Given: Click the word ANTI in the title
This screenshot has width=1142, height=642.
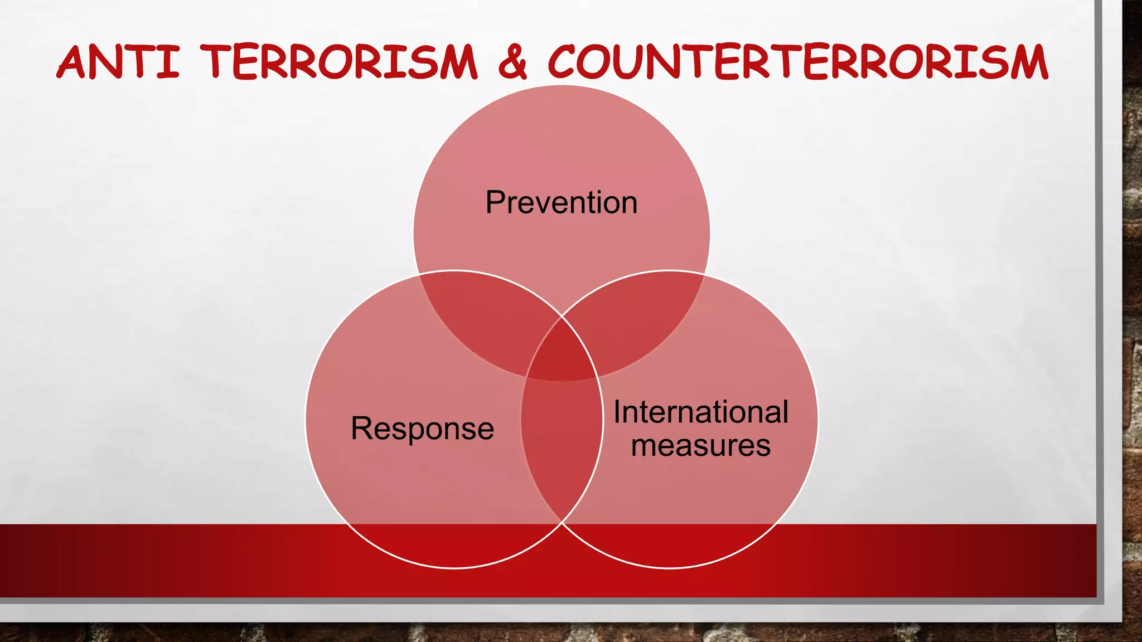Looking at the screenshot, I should (x=118, y=62).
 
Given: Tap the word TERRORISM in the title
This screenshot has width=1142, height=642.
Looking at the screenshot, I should (x=339, y=62).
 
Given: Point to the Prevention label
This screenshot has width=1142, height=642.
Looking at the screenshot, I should (x=561, y=202).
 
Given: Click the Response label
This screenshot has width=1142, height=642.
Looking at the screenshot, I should (x=422, y=429).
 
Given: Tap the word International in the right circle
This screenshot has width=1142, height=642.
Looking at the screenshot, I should (x=701, y=412).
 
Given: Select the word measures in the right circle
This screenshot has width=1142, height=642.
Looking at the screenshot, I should (x=701, y=446).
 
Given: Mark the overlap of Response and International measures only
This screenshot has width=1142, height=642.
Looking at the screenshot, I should (x=562, y=446).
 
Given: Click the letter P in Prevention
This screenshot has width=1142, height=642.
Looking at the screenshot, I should (x=495, y=202).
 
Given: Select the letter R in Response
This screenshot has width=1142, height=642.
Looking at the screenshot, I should (x=361, y=429).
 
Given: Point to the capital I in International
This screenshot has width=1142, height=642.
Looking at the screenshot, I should (x=617, y=412).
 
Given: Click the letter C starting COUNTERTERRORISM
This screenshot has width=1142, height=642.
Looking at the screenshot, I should (x=566, y=62).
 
